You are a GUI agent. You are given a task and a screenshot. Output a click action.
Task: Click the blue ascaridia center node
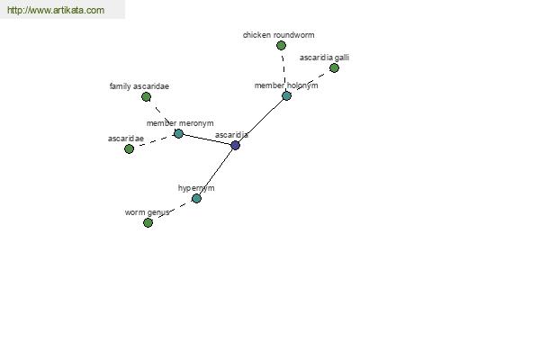click(235, 146)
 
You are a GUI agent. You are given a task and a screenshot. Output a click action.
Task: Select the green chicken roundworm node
click(281, 46)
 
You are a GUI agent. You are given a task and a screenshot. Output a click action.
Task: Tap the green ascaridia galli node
click(334, 67)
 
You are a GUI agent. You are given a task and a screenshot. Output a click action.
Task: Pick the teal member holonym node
click(286, 95)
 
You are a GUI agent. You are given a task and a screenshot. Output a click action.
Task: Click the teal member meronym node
click(178, 133)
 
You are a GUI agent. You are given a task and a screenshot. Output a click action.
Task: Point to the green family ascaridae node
click(146, 97)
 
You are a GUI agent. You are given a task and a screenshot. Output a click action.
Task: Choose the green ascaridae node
click(129, 148)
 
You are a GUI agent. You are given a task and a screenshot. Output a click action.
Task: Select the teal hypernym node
click(196, 198)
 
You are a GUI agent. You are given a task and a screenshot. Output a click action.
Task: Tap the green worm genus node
click(148, 223)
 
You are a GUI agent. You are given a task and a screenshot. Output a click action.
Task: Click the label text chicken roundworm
click(279, 35)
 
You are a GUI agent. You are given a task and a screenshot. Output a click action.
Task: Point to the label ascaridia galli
click(324, 58)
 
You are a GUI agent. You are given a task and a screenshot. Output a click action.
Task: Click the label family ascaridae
click(139, 86)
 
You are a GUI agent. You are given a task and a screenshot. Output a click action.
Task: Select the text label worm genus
click(147, 212)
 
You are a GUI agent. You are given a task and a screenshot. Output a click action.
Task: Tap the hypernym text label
click(196, 188)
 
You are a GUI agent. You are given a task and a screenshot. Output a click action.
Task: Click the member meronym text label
click(180, 123)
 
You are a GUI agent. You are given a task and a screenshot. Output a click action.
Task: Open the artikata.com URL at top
click(56, 10)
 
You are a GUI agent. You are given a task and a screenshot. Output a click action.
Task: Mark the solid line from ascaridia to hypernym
click(216, 172)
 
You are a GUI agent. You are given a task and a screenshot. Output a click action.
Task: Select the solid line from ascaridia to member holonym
click(261, 121)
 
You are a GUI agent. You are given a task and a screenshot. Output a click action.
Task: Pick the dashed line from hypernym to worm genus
click(172, 211)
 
